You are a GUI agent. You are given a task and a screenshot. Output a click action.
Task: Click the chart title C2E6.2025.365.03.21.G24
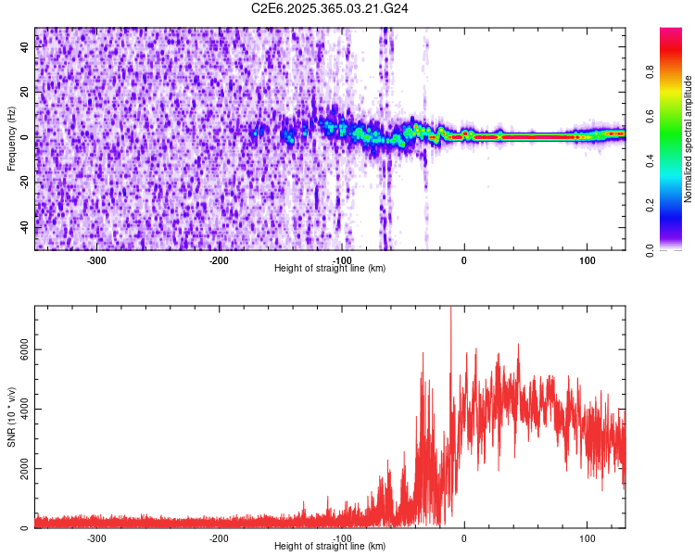pyautogui.click(x=331, y=8)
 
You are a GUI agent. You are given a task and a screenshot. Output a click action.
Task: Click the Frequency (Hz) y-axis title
pyautogui.click(x=11, y=139)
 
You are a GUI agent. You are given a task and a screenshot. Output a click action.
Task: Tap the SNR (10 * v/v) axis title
pyautogui.click(x=11, y=417)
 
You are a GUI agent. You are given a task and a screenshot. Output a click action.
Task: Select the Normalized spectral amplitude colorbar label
pyautogui.click(x=689, y=139)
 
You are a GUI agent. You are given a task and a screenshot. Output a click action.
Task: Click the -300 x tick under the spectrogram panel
pyautogui.click(x=97, y=260)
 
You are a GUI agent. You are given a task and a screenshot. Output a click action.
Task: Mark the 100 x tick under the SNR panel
pyautogui.click(x=587, y=537)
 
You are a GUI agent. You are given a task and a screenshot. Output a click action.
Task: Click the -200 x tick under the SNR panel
pyautogui.click(x=220, y=537)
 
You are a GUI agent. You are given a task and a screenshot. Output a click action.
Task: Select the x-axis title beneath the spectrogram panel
pyautogui.click(x=330, y=269)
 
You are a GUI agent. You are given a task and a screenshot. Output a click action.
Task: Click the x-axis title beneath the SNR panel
pyautogui.click(x=330, y=547)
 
